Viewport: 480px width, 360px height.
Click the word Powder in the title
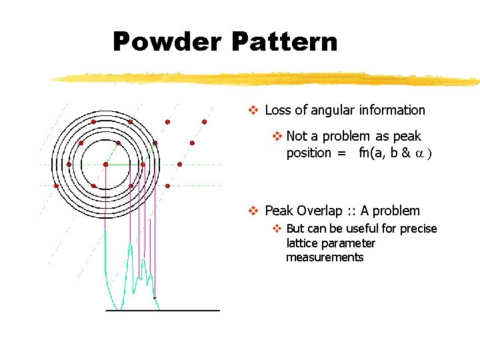click(x=167, y=42)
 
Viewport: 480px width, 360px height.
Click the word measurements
click(x=325, y=257)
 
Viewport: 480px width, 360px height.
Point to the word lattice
click(x=303, y=243)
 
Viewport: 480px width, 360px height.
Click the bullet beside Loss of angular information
click(x=253, y=110)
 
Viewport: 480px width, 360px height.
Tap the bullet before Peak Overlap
click(x=253, y=211)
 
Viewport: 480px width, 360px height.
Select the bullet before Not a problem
click(x=277, y=136)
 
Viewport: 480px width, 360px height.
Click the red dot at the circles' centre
click(x=105, y=164)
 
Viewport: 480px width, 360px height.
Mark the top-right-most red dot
click(x=204, y=122)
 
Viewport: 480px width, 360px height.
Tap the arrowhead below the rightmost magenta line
click(x=155, y=297)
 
